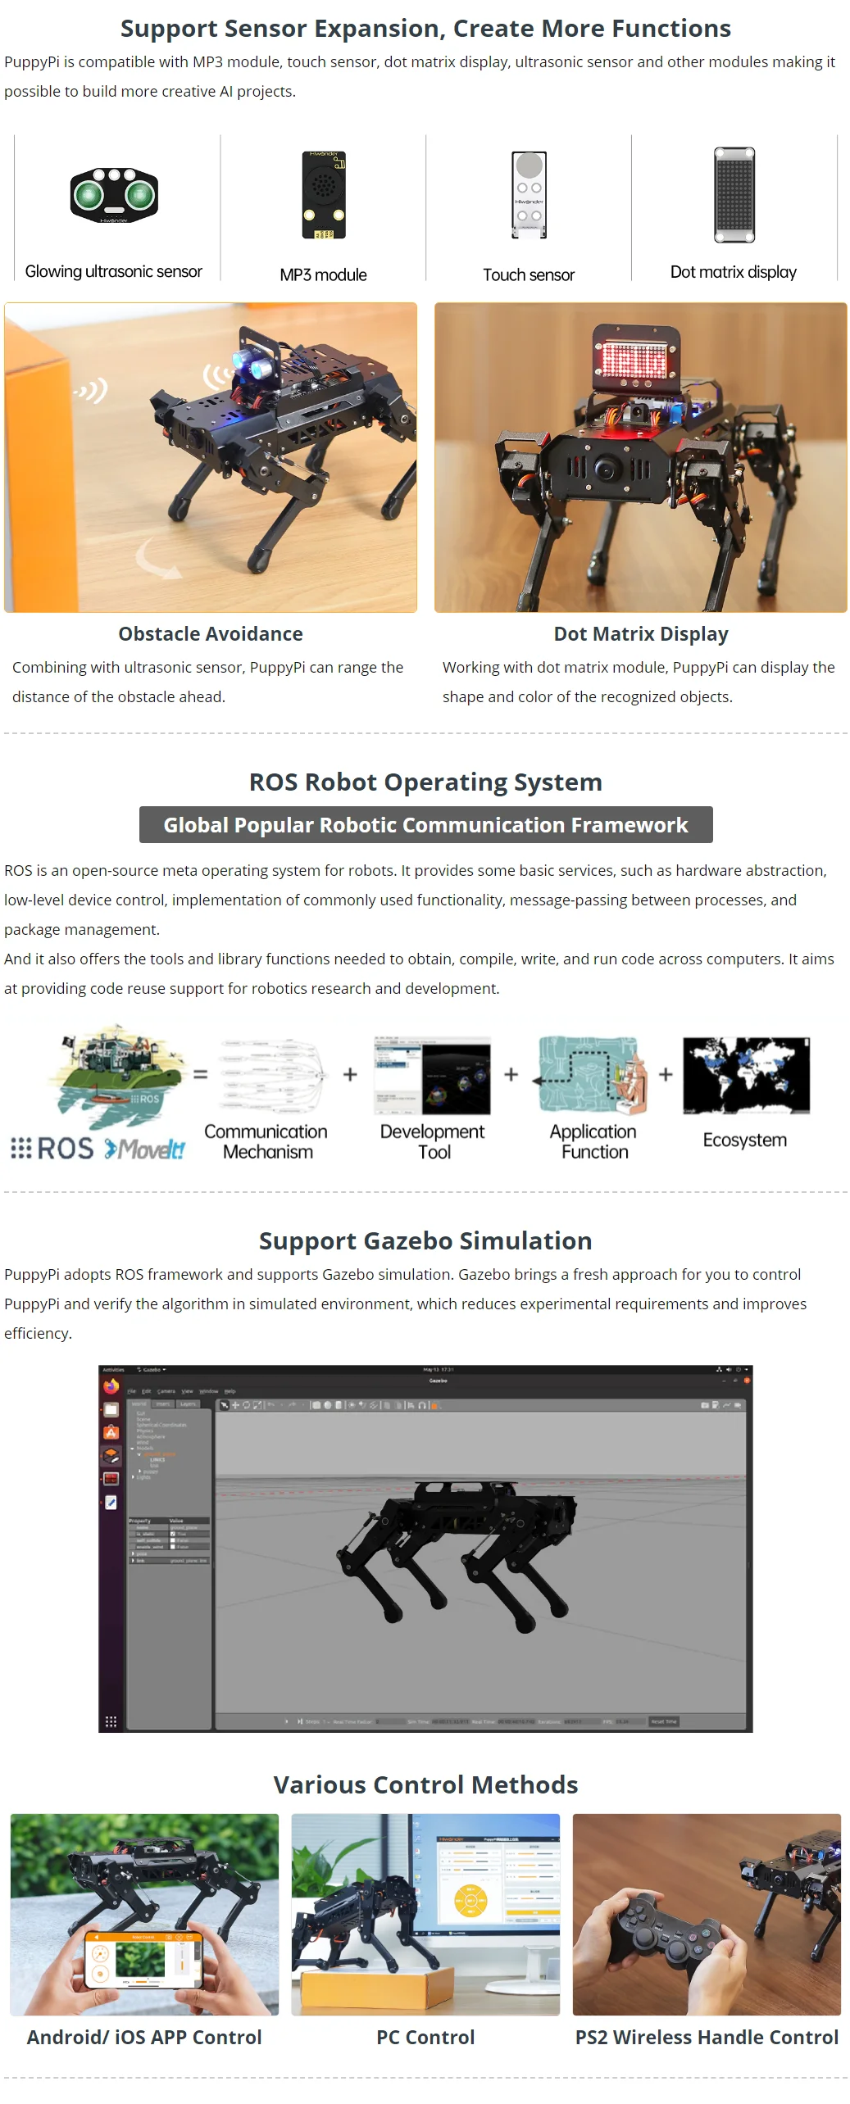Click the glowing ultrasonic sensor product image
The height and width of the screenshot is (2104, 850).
pyautogui.click(x=114, y=195)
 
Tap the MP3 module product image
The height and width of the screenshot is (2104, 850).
pyautogui.click(x=324, y=195)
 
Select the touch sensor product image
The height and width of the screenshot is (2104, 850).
pyautogui.click(x=529, y=195)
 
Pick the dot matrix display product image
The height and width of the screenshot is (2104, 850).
pyautogui.click(x=734, y=195)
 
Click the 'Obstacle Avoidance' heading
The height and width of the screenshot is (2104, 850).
pyautogui.click(x=211, y=634)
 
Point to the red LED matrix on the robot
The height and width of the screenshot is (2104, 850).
pyautogui.click(x=635, y=358)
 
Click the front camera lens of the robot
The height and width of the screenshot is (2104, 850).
pyautogui.click(x=607, y=469)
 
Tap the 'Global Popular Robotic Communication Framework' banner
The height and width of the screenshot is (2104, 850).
pyautogui.click(x=425, y=825)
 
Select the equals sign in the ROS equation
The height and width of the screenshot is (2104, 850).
pyautogui.click(x=201, y=1074)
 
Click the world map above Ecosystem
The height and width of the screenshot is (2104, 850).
pyautogui.click(x=746, y=1076)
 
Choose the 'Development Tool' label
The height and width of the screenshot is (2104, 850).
pyautogui.click(x=433, y=1141)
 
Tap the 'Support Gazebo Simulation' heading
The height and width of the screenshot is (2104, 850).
pyautogui.click(x=425, y=1241)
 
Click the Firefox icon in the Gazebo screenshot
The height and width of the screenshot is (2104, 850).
pyautogui.click(x=111, y=1386)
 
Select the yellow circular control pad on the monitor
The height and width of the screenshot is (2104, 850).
pyautogui.click(x=470, y=1901)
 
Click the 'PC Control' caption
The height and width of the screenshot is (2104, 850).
pyautogui.click(x=425, y=2038)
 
